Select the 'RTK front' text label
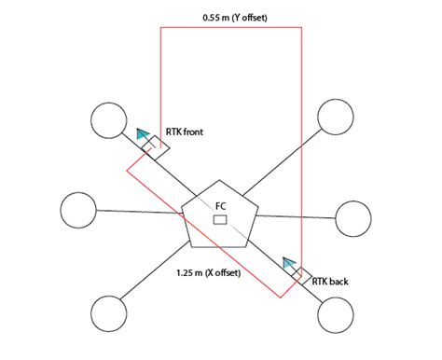tap(184, 132)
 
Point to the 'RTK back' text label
tap(331, 280)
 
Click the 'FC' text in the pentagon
tap(220, 206)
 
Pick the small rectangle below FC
tap(220, 219)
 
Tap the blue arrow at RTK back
tap(290, 266)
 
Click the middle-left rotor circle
tap(78, 209)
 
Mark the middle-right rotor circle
tap(353, 218)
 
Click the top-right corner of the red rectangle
tap(301, 28)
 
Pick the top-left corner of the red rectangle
tap(161, 28)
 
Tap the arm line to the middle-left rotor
tap(140, 213)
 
